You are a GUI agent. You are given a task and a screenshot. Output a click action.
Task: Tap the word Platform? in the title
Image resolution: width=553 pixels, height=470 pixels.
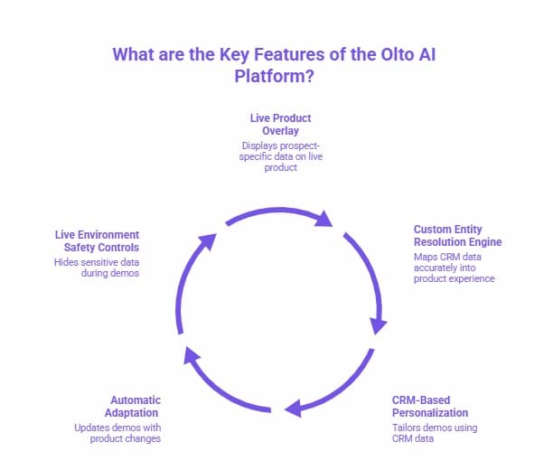tap(275, 76)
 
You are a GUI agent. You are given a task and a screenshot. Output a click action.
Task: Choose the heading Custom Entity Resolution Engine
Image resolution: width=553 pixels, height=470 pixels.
tap(457, 236)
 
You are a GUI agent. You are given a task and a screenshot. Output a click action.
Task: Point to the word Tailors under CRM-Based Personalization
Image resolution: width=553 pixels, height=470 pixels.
tap(408, 427)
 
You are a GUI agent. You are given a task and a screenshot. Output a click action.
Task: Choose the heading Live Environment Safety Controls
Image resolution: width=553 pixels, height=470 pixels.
tap(97, 240)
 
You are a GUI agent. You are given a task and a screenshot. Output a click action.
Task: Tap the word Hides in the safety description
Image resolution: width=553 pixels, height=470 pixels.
tap(68, 261)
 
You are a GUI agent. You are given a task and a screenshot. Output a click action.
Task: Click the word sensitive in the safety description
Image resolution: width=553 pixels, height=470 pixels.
tap(104, 261)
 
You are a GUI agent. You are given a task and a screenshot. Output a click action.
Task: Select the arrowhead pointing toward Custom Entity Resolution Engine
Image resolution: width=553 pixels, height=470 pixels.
tap(323, 220)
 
